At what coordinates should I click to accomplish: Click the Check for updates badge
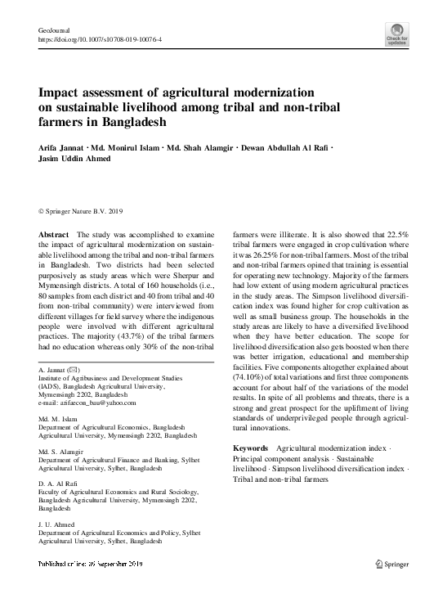coord(397,34)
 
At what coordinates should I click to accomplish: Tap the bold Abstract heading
coord(53,234)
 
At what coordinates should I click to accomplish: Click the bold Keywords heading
coord(251,448)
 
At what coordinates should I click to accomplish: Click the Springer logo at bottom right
coord(391,564)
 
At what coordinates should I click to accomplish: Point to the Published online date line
coord(91,565)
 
